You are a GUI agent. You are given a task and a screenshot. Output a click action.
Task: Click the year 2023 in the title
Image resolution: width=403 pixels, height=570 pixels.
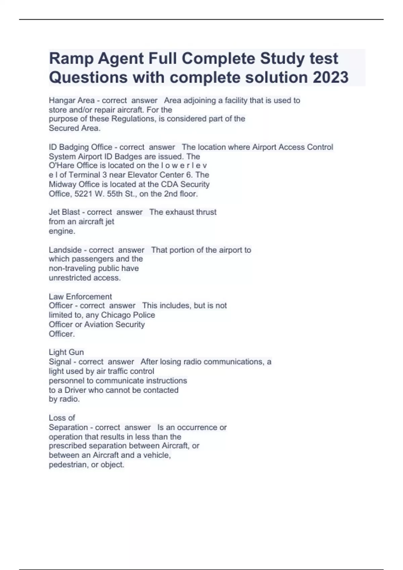coord(330,77)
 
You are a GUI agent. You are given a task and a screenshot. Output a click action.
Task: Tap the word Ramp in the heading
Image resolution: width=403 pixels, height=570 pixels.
coord(71,59)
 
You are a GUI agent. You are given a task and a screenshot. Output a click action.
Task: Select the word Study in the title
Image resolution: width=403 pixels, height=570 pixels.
coord(281,59)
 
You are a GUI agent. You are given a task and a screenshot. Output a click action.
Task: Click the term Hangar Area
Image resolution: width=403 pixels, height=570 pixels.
coord(72,100)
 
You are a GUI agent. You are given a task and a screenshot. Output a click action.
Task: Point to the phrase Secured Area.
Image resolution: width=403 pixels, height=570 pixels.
coord(74,128)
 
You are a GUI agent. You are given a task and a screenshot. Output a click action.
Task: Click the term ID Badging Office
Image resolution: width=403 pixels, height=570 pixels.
coord(81,147)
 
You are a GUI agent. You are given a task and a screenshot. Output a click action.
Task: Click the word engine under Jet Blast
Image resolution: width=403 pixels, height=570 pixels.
coord(61,231)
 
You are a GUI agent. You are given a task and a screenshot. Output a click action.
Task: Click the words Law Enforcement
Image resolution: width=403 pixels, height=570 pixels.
coord(80,297)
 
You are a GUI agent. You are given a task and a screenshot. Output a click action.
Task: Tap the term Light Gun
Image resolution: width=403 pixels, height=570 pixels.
coord(66,352)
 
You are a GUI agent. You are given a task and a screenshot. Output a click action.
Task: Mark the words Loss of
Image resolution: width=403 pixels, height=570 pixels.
coord(62,418)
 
